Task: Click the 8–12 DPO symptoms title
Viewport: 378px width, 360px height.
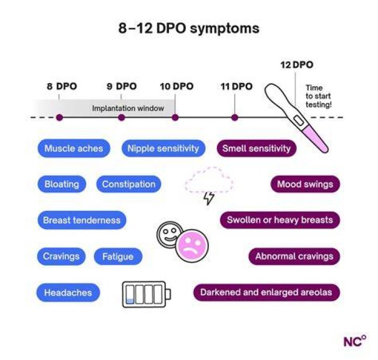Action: click(x=189, y=28)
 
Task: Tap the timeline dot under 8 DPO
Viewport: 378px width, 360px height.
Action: click(x=59, y=118)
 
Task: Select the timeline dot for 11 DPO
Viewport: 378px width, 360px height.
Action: click(x=235, y=118)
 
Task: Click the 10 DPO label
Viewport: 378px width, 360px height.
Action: click(x=177, y=86)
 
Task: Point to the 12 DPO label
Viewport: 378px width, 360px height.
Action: click(x=297, y=65)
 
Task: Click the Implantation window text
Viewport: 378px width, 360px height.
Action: click(x=128, y=108)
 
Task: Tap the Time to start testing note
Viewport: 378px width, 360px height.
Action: click(x=319, y=96)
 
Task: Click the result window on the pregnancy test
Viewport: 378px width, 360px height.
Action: click(x=298, y=120)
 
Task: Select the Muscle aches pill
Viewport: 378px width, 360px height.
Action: click(x=74, y=148)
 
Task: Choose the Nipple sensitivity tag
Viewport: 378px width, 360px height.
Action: click(x=163, y=148)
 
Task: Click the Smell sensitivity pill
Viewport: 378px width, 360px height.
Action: click(x=257, y=148)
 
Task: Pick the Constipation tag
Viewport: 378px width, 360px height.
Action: click(x=129, y=184)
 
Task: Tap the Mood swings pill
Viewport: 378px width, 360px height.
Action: click(x=305, y=184)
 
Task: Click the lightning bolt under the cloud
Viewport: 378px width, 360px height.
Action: click(x=209, y=198)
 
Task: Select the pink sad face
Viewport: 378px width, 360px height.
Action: click(x=192, y=246)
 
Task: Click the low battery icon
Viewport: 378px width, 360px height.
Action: click(x=146, y=294)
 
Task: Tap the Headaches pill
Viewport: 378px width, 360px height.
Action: click(x=68, y=292)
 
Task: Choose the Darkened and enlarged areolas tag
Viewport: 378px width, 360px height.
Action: click(x=266, y=292)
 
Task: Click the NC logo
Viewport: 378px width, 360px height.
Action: click(x=354, y=341)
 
